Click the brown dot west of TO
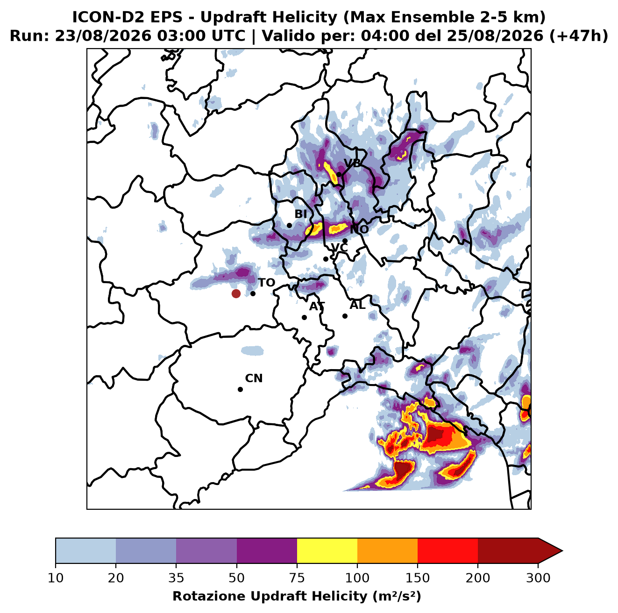236,293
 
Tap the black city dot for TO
253,293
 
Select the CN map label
254,378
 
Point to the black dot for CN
240,389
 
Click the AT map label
317,306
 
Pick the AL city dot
345,316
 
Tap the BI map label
300,214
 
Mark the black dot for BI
289,226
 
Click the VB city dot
339,174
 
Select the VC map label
339,248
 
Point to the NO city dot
345,241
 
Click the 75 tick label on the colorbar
297,577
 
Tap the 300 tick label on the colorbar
538,577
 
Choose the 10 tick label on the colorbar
56,577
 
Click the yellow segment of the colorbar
327,551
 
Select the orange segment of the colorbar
387,551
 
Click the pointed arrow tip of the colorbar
562,551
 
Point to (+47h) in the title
578,36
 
